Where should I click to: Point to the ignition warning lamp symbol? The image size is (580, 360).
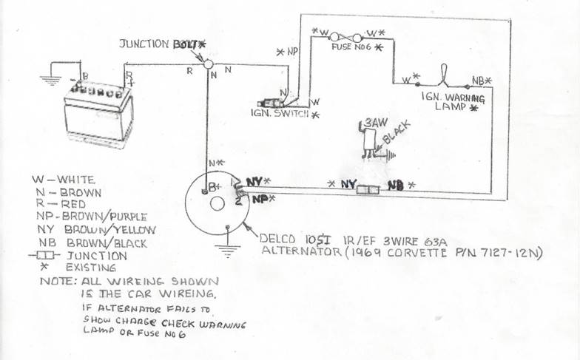442,78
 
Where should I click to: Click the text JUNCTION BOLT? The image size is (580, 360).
160,44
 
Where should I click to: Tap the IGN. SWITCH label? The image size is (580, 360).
280,115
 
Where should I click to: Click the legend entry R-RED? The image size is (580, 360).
60,203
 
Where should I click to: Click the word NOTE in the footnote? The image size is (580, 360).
55,282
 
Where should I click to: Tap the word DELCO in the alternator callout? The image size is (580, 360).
278,238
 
